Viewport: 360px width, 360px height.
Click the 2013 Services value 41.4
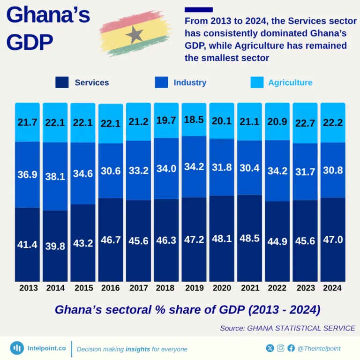tap(28, 244)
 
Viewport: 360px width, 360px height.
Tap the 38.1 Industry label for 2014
tap(55, 176)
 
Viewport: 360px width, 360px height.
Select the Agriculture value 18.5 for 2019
tap(194, 120)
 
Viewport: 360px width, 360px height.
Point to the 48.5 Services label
tap(249, 238)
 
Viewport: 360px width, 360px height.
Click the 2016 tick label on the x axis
tap(111, 288)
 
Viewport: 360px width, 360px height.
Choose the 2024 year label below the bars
tap(332, 288)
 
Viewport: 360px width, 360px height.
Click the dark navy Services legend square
tap(62, 82)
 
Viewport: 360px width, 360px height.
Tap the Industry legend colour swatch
tap(161, 82)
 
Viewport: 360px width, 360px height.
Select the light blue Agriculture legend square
tap(257, 82)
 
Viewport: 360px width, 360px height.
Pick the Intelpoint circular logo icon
tap(17, 348)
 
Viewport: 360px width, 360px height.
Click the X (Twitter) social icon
tap(270, 348)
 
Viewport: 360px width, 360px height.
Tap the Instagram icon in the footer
tap(281, 348)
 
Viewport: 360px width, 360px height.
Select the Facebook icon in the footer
tap(291, 348)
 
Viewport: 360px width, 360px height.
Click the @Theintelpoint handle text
tap(319, 348)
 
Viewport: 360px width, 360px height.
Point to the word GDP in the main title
tap(30, 43)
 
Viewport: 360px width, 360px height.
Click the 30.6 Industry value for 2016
tap(111, 171)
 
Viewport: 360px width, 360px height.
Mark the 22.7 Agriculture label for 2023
tap(305, 123)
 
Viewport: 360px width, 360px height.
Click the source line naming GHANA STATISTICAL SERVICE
tap(287, 328)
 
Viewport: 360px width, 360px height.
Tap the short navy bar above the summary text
tap(199, 9)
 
